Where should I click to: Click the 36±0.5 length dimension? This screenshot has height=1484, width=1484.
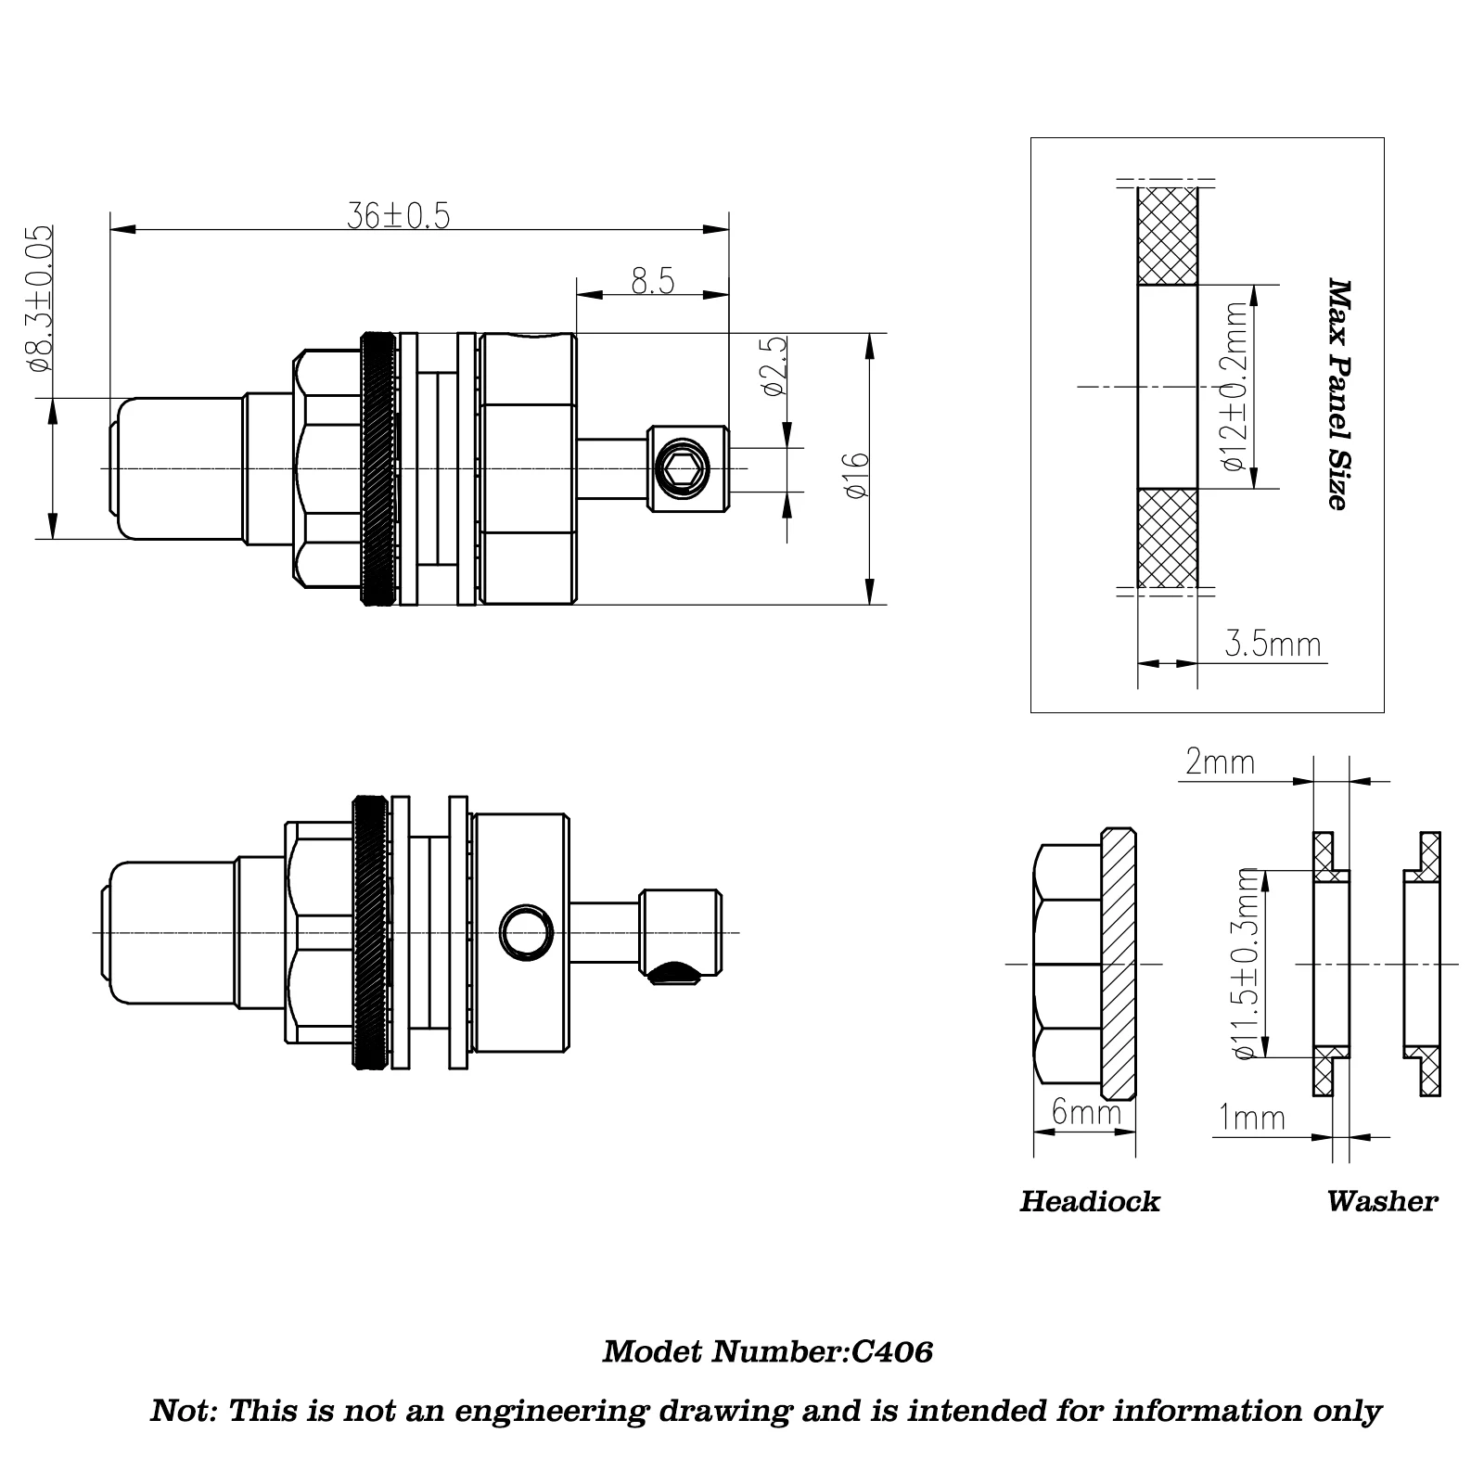click(x=398, y=216)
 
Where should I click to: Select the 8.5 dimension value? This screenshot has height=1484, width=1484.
click(x=653, y=281)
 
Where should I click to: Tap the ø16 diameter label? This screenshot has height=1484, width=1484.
click(x=857, y=474)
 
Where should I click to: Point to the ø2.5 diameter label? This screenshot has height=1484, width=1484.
click(x=774, y=365)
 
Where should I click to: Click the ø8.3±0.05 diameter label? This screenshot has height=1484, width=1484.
click(x=42, y=298)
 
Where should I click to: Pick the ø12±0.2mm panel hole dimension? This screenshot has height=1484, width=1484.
click(x=1236, y=386)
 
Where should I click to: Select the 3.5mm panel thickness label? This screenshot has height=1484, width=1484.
click(x=1273, y=644)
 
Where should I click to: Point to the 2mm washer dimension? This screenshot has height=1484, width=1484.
click(x=1220, y=762)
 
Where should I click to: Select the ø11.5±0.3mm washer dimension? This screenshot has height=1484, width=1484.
click(x=1247, y=964)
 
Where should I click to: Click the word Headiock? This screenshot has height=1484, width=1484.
click(x=1090, y=1202)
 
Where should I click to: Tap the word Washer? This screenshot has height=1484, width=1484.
click(x=1381, y=1202)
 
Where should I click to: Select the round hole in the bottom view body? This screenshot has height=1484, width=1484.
click(x=525, y=930)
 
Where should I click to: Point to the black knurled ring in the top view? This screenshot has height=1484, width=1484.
click(x=377, y=468)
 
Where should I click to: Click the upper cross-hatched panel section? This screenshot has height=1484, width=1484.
click(x=1167, y=236)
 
